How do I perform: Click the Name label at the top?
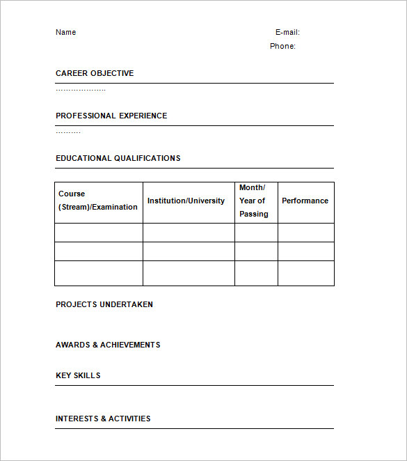coord(65,32)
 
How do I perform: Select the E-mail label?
coord(287,32)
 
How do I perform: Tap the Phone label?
coord(282,46)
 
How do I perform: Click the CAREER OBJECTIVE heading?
coord(95,73)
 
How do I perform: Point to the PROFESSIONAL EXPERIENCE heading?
coord(111,116)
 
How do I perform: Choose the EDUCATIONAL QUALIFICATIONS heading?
coord(118,158)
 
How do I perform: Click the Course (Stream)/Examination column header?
coord(98,201)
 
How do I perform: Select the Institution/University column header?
coord(186,201)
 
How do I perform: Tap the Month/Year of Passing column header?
coord(253,201)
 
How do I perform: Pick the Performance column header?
coord(305,201)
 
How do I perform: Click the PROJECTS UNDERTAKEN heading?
coord(104,304)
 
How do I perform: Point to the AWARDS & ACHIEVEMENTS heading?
coord(108,345)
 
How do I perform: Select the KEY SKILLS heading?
coord(78,375)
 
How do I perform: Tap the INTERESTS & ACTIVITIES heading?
coord(103,419)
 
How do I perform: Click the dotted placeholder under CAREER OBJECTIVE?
coord(81,90)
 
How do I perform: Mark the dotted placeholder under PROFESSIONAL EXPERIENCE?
coord(68,132)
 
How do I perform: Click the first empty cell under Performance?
coord(305,233)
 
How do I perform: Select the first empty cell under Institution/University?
coord(189,233)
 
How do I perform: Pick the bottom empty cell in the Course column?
coord(99,273)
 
